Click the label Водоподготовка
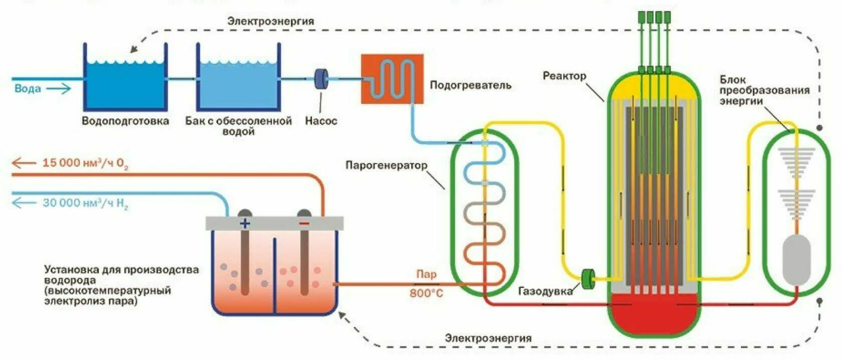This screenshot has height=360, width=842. [125, 121]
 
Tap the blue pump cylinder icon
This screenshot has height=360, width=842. [321, 79]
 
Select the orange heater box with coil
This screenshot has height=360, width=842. [392, 79]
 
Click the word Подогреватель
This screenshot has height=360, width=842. [470, 85]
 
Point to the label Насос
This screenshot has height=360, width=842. [321, 121]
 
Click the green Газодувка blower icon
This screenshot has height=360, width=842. [588, 279]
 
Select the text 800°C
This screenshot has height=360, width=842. [426, 293]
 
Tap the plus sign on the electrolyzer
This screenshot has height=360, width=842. [245, 224]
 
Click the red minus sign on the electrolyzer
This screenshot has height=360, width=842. [304, 224]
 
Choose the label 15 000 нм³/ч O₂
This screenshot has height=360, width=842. [85, 163]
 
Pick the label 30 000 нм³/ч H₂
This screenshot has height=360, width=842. [85, 204]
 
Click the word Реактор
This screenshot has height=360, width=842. [565, 76]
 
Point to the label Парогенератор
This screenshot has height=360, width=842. [387, 165]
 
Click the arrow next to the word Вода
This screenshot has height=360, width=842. [59, 89]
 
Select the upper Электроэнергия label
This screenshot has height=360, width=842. [271, 21]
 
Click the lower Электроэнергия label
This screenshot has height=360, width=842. [488, 338]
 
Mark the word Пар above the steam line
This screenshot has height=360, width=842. [427, 275]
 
